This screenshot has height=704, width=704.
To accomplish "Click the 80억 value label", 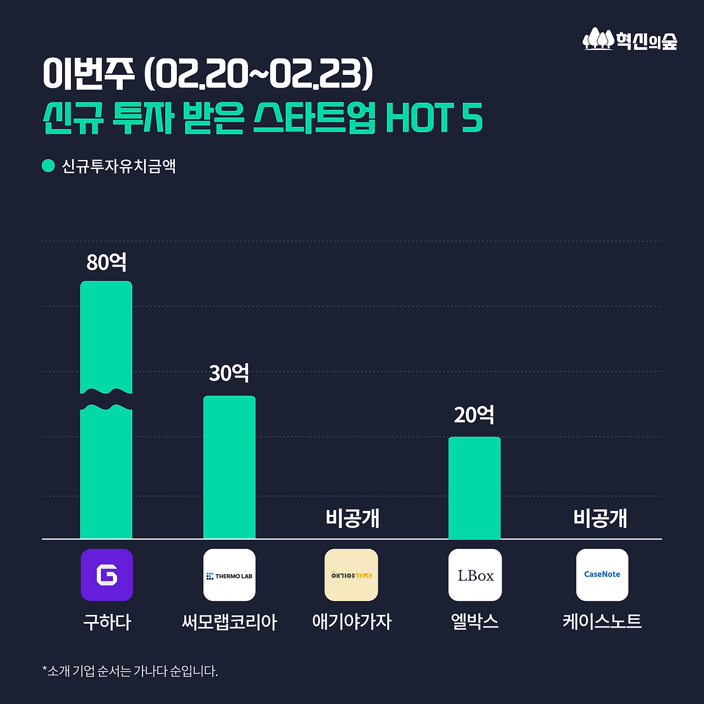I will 107,262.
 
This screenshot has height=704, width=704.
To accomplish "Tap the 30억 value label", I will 229,373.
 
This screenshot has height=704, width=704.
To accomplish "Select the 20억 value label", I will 474,415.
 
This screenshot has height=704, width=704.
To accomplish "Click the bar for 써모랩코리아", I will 229,468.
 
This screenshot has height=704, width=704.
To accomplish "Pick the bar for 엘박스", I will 474,488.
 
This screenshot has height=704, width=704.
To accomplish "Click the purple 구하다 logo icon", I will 107,575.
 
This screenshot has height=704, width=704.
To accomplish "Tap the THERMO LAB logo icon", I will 229,575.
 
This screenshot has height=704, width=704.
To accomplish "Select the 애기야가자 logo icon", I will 351,575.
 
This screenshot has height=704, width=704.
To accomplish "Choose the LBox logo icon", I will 475,575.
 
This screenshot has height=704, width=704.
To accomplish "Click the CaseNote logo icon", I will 602,575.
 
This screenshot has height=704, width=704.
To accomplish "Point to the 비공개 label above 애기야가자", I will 353,518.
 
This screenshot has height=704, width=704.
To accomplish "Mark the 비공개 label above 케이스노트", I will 600,518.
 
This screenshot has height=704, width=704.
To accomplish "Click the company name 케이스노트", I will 602,621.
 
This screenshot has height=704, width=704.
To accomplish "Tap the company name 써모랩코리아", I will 229,622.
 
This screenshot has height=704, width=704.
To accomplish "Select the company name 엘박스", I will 474,621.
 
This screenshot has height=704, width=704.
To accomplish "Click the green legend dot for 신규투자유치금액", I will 48,166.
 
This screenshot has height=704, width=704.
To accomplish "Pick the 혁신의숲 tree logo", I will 598,40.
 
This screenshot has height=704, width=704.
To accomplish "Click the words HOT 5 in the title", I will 434,118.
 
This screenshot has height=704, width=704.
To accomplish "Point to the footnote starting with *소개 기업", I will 130,671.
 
